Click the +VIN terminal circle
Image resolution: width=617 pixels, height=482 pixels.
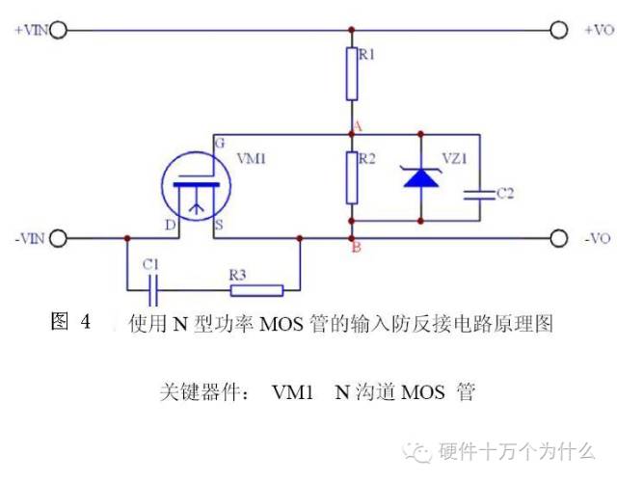click(x=58, y=30)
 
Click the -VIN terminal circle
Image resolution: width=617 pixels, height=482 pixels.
click(x=58, y=238)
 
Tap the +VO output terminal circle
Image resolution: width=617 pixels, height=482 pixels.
click(x=557, y=30)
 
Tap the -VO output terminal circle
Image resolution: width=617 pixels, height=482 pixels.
click(x=557, y=238)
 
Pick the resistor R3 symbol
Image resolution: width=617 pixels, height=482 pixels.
click(x=255, y=288)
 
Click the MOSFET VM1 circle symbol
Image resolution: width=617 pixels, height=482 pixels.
click(x=197, y=184)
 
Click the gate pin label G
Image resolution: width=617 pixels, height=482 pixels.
click(x=221, y=141)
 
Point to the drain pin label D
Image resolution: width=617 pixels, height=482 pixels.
click(x=170, y=225)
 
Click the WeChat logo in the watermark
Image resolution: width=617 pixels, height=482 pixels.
click(x=420, y=450)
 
